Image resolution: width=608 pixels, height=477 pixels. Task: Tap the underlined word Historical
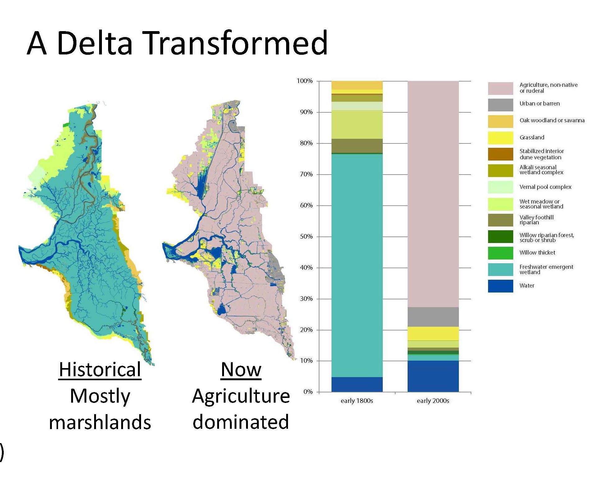(100, 370)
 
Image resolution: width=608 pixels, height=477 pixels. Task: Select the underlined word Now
(241, 370)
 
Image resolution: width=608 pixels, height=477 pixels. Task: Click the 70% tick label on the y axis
(306, 174)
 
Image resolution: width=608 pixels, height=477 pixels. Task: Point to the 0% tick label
(308, 392)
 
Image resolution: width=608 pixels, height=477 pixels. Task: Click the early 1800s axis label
(357, 401)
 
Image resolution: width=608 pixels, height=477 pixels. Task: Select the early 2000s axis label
(433, 401)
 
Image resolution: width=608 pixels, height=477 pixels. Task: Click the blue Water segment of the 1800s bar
(357, 384)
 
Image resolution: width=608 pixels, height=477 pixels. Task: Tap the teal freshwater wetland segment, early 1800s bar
(357, 266)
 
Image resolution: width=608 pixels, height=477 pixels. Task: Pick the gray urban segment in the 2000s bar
(433, 317)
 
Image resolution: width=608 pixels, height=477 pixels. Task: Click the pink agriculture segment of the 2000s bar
(433, 194)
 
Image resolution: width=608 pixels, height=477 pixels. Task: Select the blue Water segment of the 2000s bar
(433, 376)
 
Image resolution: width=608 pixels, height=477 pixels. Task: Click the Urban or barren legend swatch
(501, 105)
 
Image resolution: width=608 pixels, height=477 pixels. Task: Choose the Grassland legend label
(532, 138)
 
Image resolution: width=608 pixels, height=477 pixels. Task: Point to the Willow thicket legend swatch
(501, 253)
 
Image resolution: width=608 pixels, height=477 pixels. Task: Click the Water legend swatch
(501, 286)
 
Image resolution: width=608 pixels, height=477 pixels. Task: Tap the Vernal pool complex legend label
(546, 187)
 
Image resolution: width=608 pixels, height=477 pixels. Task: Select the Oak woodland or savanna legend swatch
(501, 121)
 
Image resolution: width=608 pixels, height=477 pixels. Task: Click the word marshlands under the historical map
(100, 422)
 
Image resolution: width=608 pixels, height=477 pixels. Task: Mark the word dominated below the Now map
(241, 422)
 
